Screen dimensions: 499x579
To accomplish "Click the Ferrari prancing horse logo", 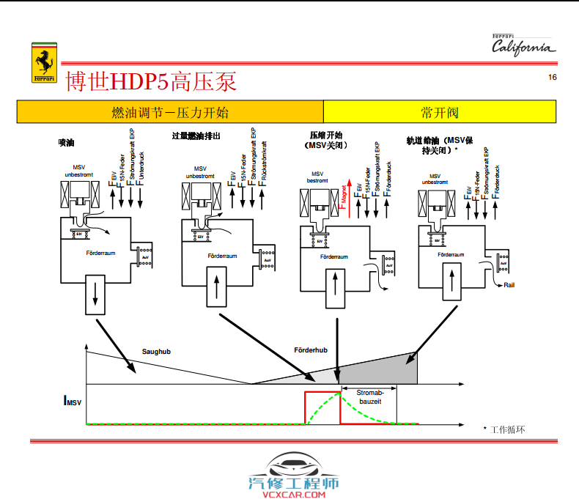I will tap(44, 63).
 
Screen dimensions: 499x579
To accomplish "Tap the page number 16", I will tap(552, 78).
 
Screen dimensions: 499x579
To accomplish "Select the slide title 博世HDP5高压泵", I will tap(151, 81).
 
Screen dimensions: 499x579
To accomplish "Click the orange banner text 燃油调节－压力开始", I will tap(169, 112).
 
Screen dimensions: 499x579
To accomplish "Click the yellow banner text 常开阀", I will tap(440, 112).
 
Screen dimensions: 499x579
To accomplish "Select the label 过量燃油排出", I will tap(196, 136).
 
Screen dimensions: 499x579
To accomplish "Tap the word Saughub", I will tap(156, 352).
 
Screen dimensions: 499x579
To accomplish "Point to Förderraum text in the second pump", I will tap(222, 256).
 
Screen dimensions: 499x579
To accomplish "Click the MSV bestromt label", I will tap(317, 177).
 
